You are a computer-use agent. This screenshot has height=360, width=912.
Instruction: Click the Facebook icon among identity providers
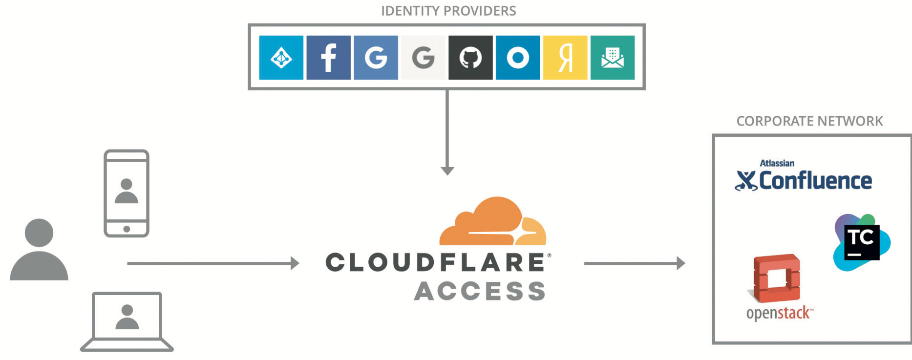328,58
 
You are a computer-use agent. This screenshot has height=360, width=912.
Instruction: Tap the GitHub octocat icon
470,58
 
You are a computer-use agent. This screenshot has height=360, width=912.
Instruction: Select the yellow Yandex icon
565,58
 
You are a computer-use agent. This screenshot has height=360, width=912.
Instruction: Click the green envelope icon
613,58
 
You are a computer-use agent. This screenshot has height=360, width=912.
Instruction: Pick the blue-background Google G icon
376,58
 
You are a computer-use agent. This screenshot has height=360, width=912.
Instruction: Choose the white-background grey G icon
423,58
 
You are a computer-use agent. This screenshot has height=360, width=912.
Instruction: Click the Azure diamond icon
281,58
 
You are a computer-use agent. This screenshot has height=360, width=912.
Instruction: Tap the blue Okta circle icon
518,58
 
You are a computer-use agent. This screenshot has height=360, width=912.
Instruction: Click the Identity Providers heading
448,11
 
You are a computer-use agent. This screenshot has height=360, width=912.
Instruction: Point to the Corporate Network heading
809,121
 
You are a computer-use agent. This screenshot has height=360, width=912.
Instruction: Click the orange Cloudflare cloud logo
493,222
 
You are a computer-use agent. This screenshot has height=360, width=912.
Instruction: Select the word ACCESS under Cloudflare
480,291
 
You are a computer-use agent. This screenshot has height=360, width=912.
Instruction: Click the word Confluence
815,181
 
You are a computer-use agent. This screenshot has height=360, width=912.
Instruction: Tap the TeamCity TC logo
861,242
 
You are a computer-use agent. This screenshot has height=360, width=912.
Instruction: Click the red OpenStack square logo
777,278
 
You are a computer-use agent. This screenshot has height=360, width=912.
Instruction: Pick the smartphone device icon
127,193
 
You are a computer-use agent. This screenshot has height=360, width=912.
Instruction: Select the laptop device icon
127,321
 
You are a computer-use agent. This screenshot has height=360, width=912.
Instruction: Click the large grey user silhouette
39,250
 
